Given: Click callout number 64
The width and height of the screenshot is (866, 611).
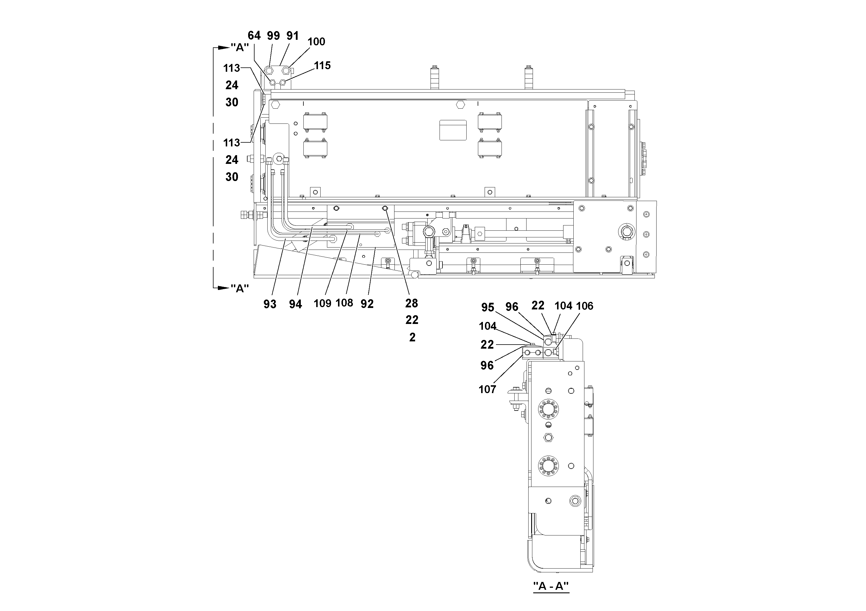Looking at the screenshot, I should [x=254, y=36].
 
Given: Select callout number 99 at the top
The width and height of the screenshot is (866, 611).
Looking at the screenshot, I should [x=273, y=36].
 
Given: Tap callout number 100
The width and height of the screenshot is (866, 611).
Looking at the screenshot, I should [x=316, y=42].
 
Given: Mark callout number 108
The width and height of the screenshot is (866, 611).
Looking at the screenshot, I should [x=344, y=302].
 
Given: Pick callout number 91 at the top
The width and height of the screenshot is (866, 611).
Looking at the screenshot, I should [x=292, y=36].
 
